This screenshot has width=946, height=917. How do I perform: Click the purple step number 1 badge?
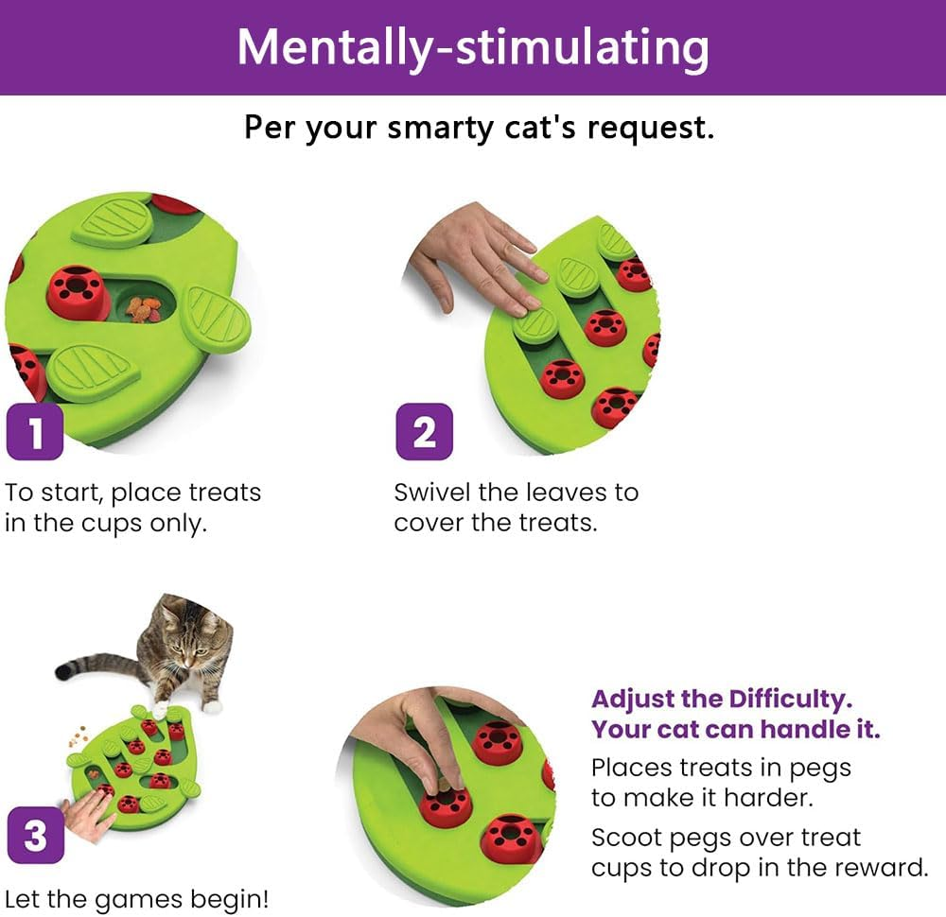(35, 432)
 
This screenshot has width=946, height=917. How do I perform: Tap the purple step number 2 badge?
(424, 432)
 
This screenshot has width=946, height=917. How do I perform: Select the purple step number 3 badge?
(35, 836)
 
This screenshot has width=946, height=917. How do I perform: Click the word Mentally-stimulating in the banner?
(472, 46)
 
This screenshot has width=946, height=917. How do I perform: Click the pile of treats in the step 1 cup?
(144, 308)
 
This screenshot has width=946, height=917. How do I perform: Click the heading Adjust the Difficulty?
(722, 700)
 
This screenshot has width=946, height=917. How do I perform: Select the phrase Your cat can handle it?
(736, 730)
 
